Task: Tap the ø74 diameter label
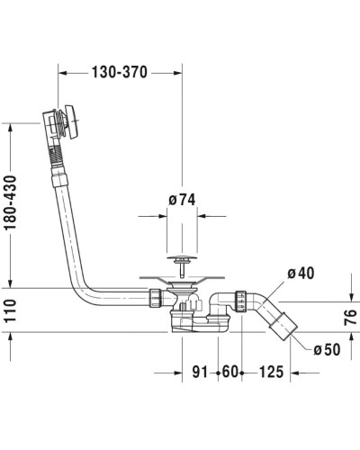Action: (x=183, y=201)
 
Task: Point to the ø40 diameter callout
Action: (x=301, y=274)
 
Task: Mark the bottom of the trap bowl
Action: (x=192, y=329)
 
